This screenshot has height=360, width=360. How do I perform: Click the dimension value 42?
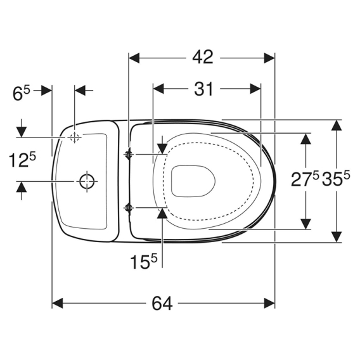[x=203, y=58]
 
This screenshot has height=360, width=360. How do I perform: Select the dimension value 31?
[x=204, y=89]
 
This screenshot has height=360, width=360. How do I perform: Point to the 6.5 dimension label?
[x=21, y=93]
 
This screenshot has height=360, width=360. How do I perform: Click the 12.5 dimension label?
[x=22, y=160]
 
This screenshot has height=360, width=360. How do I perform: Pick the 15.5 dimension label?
[x=144, y=262]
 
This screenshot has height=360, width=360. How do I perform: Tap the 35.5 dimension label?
[x=336, y=179]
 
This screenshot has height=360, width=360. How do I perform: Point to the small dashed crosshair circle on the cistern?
[x=74, y=138]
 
